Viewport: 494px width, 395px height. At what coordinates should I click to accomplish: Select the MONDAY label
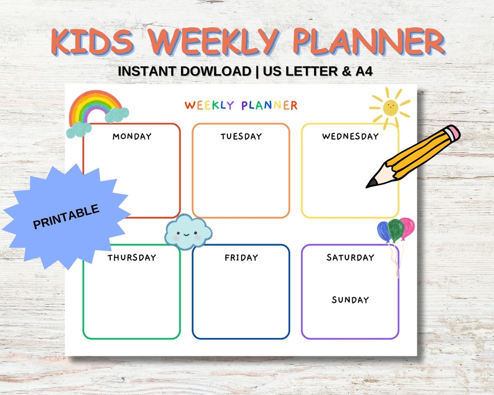click(132, 136)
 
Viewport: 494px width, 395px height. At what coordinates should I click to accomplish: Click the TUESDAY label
click(241, 136)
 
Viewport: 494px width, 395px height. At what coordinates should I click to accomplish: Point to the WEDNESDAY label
click(350, 136)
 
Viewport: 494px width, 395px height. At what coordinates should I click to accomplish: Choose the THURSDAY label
click(132, 258)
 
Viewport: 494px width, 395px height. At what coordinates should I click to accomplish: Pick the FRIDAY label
click(241, 258)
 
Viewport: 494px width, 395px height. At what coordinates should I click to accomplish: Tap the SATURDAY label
click(350, 258)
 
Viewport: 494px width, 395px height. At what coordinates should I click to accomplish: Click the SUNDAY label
click(350, 300)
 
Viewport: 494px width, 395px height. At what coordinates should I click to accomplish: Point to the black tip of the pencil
click(371, 183)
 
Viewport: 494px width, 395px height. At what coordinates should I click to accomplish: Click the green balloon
click(395, 230)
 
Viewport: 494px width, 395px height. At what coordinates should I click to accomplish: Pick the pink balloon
click(407, 227)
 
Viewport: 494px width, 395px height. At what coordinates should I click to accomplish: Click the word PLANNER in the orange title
click(368, 43)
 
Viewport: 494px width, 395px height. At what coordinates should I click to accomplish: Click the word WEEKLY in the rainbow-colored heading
click(210, 106)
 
